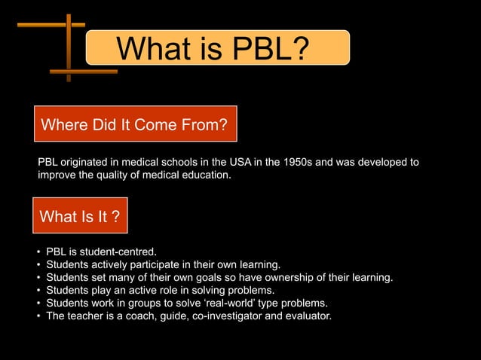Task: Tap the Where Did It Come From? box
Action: point(135,124)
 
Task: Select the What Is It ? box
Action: point(80,217)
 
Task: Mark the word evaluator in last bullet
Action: point(305,316)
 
